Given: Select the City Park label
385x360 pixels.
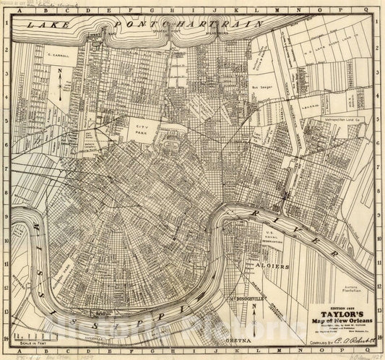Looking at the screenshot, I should (x=143, y=128).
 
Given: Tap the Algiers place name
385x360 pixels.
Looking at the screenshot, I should (x=279, y=267).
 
